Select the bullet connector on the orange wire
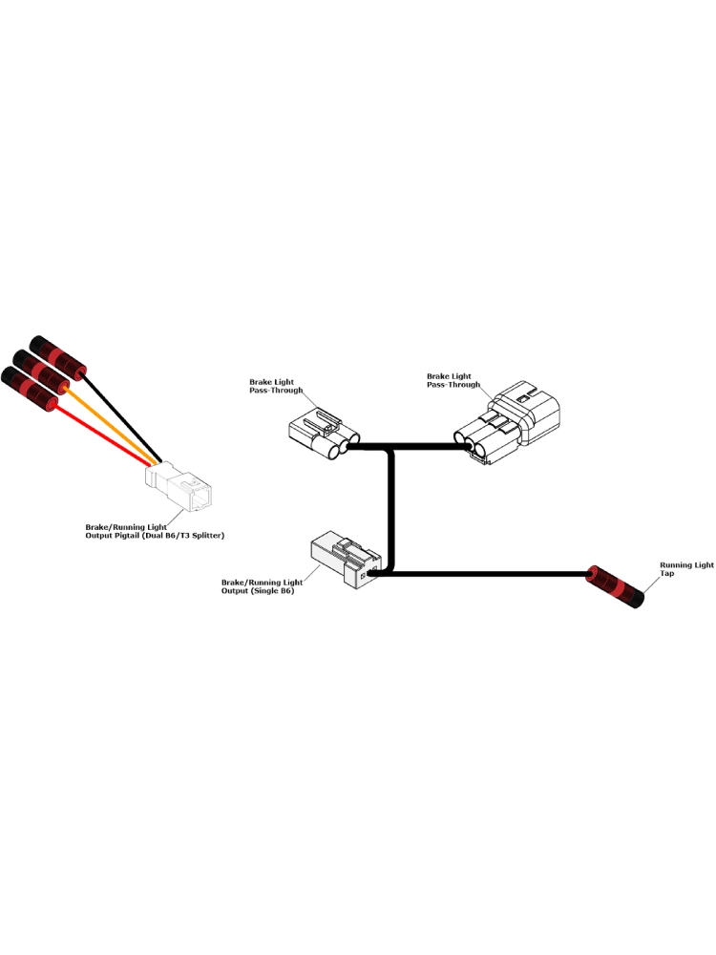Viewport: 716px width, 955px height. pos(43,373)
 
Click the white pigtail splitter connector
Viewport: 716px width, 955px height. pos(181,487)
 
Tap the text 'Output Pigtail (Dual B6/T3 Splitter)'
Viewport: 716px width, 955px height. pos(155,537)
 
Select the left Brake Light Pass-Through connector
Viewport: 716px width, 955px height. pos(321,434)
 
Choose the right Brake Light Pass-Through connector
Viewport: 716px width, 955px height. pos(511,425)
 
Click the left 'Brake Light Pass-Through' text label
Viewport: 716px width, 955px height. pos(276,386)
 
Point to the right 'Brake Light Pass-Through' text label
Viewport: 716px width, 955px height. pos(453,380)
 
